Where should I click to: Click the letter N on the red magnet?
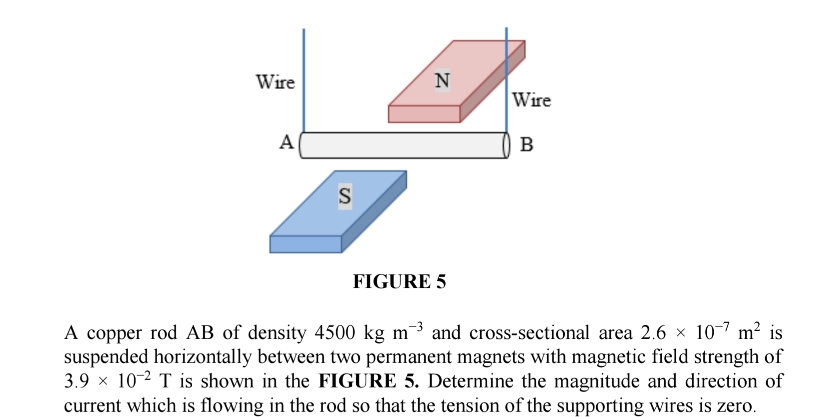coord(442,80)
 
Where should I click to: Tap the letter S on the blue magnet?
coord(344,196)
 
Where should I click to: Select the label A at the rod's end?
coord(286,142)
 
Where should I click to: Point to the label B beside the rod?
coord(527,145)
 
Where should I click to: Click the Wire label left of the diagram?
coord(275,82)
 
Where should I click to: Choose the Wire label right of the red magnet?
coord(532,100)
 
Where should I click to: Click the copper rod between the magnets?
coord(399,145)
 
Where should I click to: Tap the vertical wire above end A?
coord(303,80)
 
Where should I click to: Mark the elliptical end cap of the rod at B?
coord(506,145)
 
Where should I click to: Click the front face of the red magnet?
coord(424,114)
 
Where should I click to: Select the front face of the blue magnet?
coord(305,244)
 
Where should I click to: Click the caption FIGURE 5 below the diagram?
coord(399,282)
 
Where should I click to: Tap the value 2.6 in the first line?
coord(653,333)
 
